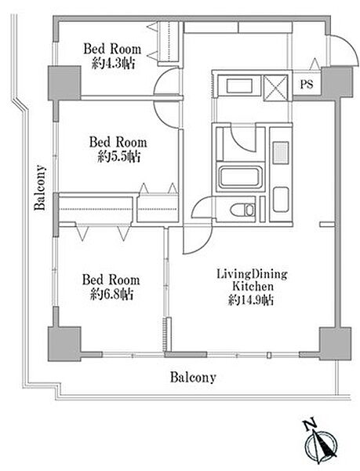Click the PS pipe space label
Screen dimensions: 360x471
307,85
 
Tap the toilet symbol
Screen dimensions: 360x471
242,210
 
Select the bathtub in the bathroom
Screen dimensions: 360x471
239,177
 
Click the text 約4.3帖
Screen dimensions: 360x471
113,64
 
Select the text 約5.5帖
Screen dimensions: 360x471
119,157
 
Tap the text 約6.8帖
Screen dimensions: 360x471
112,294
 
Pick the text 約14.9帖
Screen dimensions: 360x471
251,300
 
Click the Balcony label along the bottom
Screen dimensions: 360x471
193,378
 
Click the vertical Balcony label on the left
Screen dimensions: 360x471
40,188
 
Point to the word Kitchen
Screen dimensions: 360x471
253,287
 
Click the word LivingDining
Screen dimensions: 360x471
252,274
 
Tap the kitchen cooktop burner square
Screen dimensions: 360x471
281,153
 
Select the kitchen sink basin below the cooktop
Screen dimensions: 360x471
281,199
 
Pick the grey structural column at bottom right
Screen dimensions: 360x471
336,344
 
